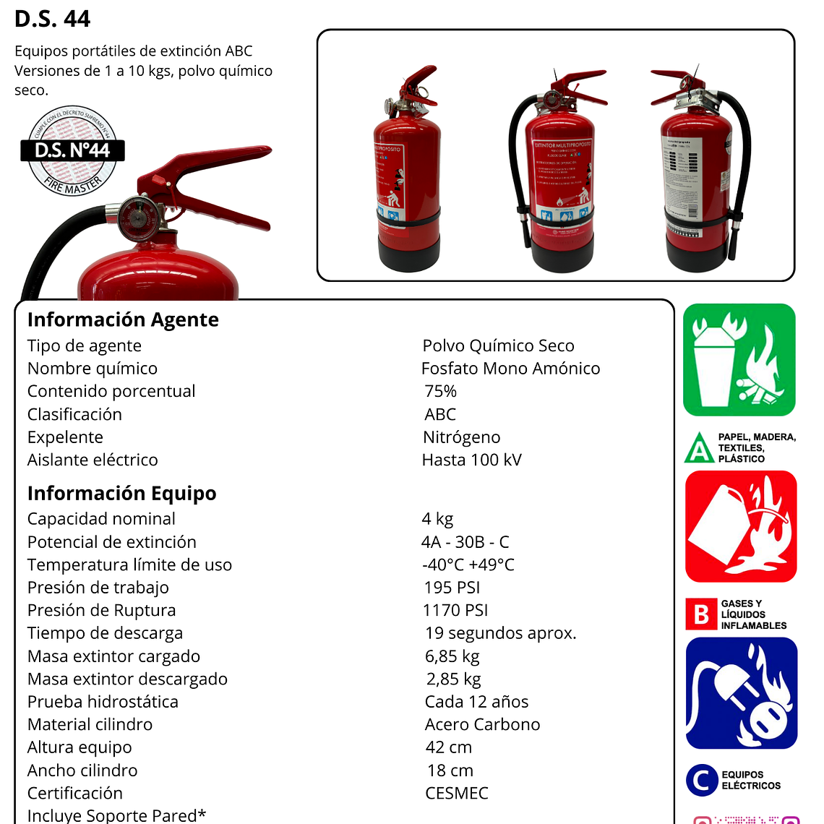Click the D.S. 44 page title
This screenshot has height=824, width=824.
coord(52,19)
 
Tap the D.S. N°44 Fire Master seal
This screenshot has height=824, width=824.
coord(72,151)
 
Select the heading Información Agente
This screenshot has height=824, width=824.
coord(123,319)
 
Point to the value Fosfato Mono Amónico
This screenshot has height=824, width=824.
coord(510,369)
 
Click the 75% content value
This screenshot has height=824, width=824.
coord(440,391)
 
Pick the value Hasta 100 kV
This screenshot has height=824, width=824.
coord(471,460)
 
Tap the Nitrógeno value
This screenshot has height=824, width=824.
coord(461,437)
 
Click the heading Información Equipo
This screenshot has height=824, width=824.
coord(121,493)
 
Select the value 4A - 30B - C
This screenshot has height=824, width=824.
coord(465,542)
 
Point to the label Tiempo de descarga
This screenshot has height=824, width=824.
coord(105,633)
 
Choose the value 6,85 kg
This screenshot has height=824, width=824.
coord(452,656)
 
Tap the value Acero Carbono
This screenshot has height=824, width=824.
coord(482,724)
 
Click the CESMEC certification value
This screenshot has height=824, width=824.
coord(457,793)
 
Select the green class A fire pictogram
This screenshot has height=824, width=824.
coord(739,360)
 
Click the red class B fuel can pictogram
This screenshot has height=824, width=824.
coord(740,526)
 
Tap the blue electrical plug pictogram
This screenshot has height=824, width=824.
coord(741,693)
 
